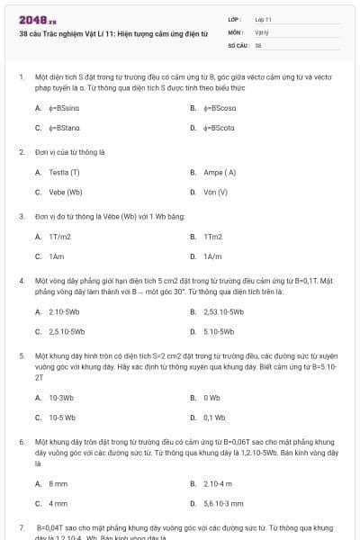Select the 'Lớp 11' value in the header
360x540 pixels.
pos(264,19)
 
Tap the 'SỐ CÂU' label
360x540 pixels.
pos(238,44)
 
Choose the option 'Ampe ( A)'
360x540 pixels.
pos(220,172)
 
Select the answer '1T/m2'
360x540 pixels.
pos(60,237)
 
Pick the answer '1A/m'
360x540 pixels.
pos(213,256)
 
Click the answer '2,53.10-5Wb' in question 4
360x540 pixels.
pos(224,311)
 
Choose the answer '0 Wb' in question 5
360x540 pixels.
pos(212,397)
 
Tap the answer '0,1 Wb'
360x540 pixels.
pos(214,417)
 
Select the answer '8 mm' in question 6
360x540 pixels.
pos(58,483)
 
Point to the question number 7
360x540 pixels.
pos(22,526)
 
